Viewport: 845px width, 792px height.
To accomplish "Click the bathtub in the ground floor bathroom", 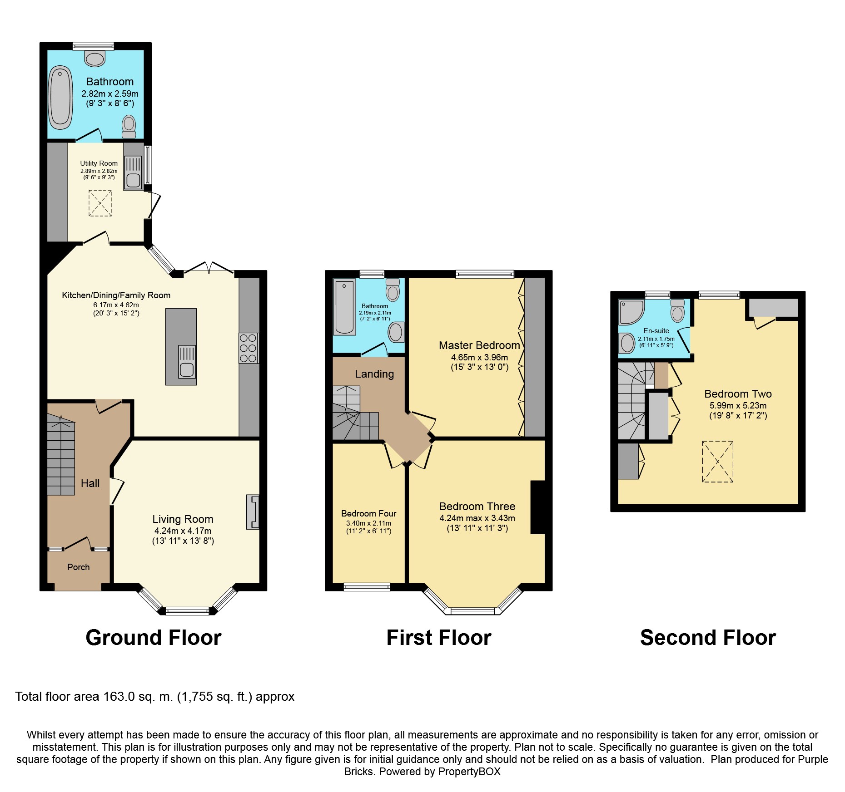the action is [x=60, y=98].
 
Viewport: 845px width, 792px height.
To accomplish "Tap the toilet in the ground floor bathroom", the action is [x=129, y=127].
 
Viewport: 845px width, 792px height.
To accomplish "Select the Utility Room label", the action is [x=99, y=163].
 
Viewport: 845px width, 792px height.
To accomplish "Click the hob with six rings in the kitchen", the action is [x=249, y=348].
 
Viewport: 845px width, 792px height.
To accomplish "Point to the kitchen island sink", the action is [x=187, y=362].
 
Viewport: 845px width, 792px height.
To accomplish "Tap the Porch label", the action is [x=79, y=567].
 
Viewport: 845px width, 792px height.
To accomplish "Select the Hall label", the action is [x=90, y=483].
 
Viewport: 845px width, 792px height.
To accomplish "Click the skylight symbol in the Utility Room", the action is [x=100, y=203].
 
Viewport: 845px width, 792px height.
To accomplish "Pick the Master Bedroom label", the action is [x=479, y=345].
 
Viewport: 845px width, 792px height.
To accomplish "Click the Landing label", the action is [x=374, y=374].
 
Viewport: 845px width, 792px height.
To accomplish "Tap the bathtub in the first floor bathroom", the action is [x=345, y=307].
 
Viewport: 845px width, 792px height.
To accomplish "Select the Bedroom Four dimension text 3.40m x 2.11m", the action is [x=368, y=523].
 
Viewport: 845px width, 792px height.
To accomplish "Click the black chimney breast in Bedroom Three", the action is [x=538, y=507].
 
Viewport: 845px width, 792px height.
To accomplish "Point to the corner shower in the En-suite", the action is [x=631, y=312].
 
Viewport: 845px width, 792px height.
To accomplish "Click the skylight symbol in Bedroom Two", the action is [x=718, y=462].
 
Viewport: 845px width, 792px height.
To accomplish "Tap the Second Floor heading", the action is [x=708, y=638].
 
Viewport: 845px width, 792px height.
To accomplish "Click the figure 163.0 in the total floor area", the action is [x=119, y=697].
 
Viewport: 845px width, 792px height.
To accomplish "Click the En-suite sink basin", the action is [x=627, y=343].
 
